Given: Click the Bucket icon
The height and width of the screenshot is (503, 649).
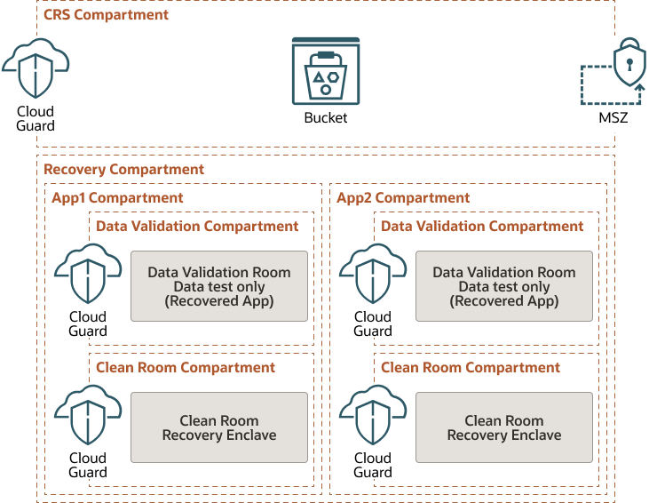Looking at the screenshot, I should pyautogui.click(x=326, y=72).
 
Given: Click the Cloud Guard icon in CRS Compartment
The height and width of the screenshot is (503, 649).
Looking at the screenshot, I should pyautogui.click(x=36, y=68).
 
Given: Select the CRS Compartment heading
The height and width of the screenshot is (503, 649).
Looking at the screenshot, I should pyautogui.click(x=106, y=15).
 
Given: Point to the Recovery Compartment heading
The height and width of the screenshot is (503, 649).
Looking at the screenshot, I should pyautogui.click(x=123, y=170).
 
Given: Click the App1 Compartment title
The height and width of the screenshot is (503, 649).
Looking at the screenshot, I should pyautogui.click(x=117, y=198).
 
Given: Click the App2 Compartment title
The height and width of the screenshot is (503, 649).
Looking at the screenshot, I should pyautogui.click(x=403, y=198).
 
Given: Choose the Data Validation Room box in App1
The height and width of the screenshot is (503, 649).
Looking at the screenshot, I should pyautogui.click(x=219, y=286).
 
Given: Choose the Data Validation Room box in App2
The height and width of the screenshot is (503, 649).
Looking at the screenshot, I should pyautogui.click(x=504, y=286).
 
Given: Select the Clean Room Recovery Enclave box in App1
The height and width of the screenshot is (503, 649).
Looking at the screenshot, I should pyautogui.click(x=219, y=427).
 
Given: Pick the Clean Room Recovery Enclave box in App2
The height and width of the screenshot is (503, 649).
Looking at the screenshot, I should pyautogui.click(x=504, y=427).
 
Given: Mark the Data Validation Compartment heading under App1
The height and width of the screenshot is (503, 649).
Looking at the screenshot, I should pyautogui.click(x=197, y=227).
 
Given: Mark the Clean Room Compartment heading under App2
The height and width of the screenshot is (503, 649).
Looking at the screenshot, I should pyautogui.click(x=471, y=368).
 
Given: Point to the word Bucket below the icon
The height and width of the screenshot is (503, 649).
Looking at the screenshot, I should pyautogui.click(x=326, y=117).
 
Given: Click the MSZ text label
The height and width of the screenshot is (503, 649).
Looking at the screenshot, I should pyautogui.click(x=613, y=117).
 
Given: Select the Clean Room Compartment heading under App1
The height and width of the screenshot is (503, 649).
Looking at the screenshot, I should pyautogui.click(x=186, y=368).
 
